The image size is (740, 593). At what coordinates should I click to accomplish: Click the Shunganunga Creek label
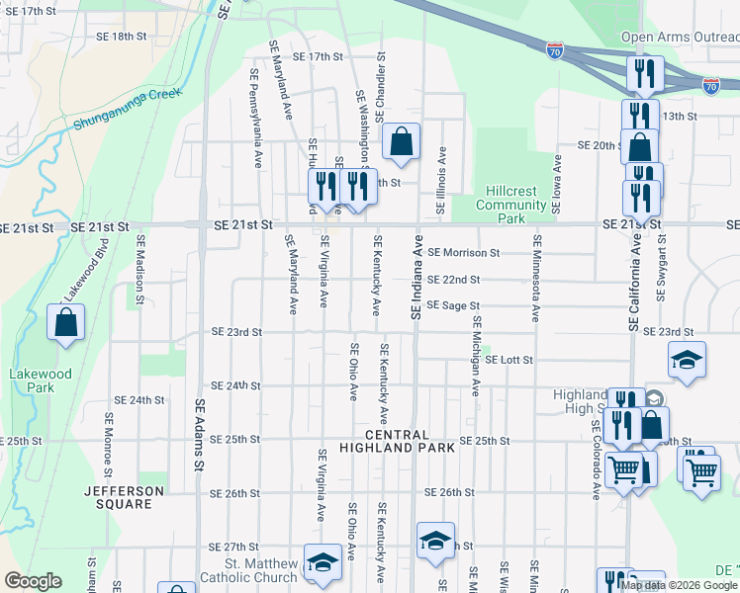pyautogui.click(x=128, y=108)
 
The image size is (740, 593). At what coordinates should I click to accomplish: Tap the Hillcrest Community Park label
pyautogui.click(x=510, y=205)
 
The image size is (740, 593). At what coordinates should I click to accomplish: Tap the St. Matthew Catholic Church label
pyautogui.click(x=247, y=570)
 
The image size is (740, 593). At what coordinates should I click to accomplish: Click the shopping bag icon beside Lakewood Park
pyautogui.click(x=65, y=323)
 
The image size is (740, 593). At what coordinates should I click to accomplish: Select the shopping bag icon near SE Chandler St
pyautogui.click(x=401, y=141)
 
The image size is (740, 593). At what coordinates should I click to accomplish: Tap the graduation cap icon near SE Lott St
pyautogui.click(x=687, y=360)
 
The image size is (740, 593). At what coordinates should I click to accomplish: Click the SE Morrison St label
pyautogui.click(x=464, y=253)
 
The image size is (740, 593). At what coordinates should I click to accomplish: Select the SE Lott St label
pyautogui.click(x=509, y=361)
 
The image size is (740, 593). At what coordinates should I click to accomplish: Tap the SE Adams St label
pyautogui.click(x=199, y=434)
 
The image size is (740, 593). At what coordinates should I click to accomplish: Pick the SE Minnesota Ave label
pyautogui.click(x=535, y=278)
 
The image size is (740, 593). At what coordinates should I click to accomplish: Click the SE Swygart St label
pyautogui.click(x=661, y=269)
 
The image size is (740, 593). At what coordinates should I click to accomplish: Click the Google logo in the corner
pyautogui.click(x=33, y=581)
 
